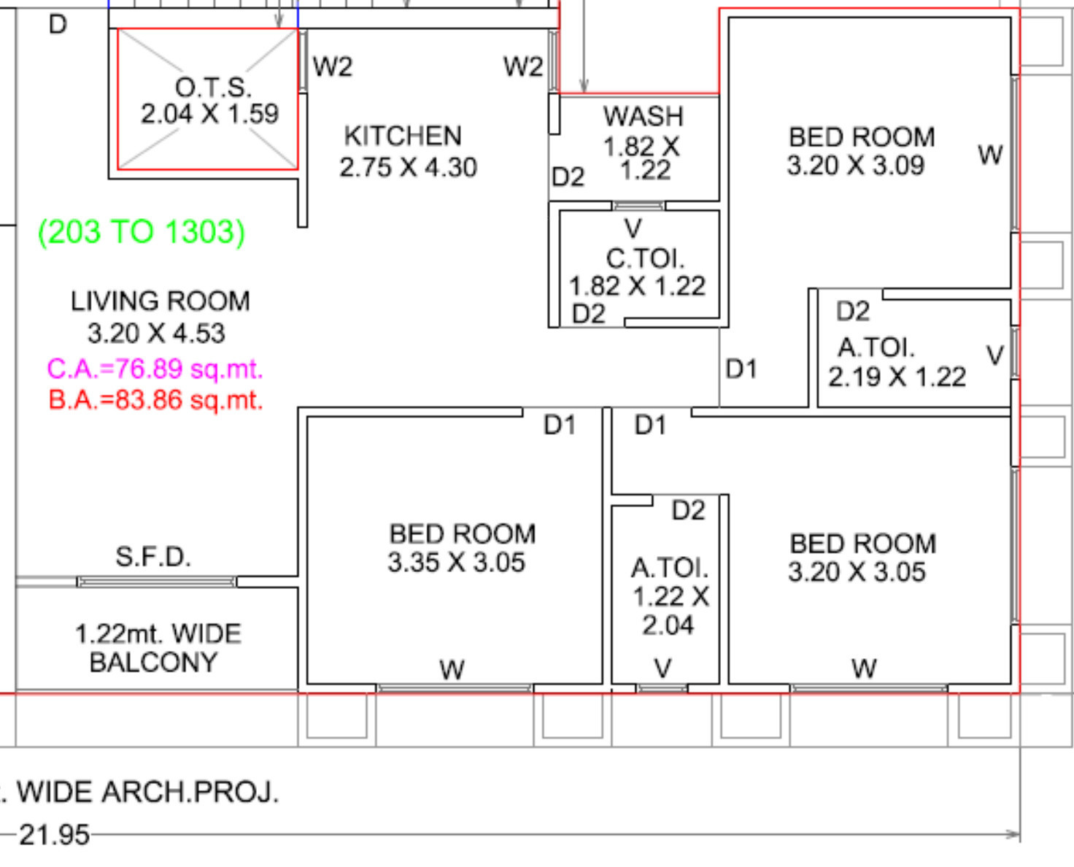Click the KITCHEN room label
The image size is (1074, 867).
(402, 136)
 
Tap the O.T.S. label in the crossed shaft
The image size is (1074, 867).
(213, 88)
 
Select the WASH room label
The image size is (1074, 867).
(644, 117)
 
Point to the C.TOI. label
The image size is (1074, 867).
(646, 259)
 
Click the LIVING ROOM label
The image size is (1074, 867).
(161, 301)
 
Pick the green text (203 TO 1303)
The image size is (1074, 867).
(142, 232)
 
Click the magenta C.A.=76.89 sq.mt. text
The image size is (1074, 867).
(155, 369)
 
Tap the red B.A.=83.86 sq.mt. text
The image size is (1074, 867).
(156, 401)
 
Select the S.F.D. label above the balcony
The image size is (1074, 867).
(153, 557)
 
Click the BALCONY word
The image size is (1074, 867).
(153, 662)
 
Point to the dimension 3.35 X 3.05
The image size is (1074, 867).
(456, 562)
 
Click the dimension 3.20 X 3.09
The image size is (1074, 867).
(856, 165)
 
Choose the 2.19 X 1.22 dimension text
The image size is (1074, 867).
(897, 377)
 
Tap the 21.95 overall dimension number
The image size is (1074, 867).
(55, 835)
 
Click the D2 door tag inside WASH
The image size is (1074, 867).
(568, 177)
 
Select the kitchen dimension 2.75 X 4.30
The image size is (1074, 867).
(408, 167)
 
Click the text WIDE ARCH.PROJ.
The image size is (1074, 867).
(147, 792)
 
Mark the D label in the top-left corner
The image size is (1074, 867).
(58, 24)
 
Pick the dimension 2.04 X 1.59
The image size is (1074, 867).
(209, 113)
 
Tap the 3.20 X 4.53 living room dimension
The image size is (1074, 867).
(156, 334)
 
